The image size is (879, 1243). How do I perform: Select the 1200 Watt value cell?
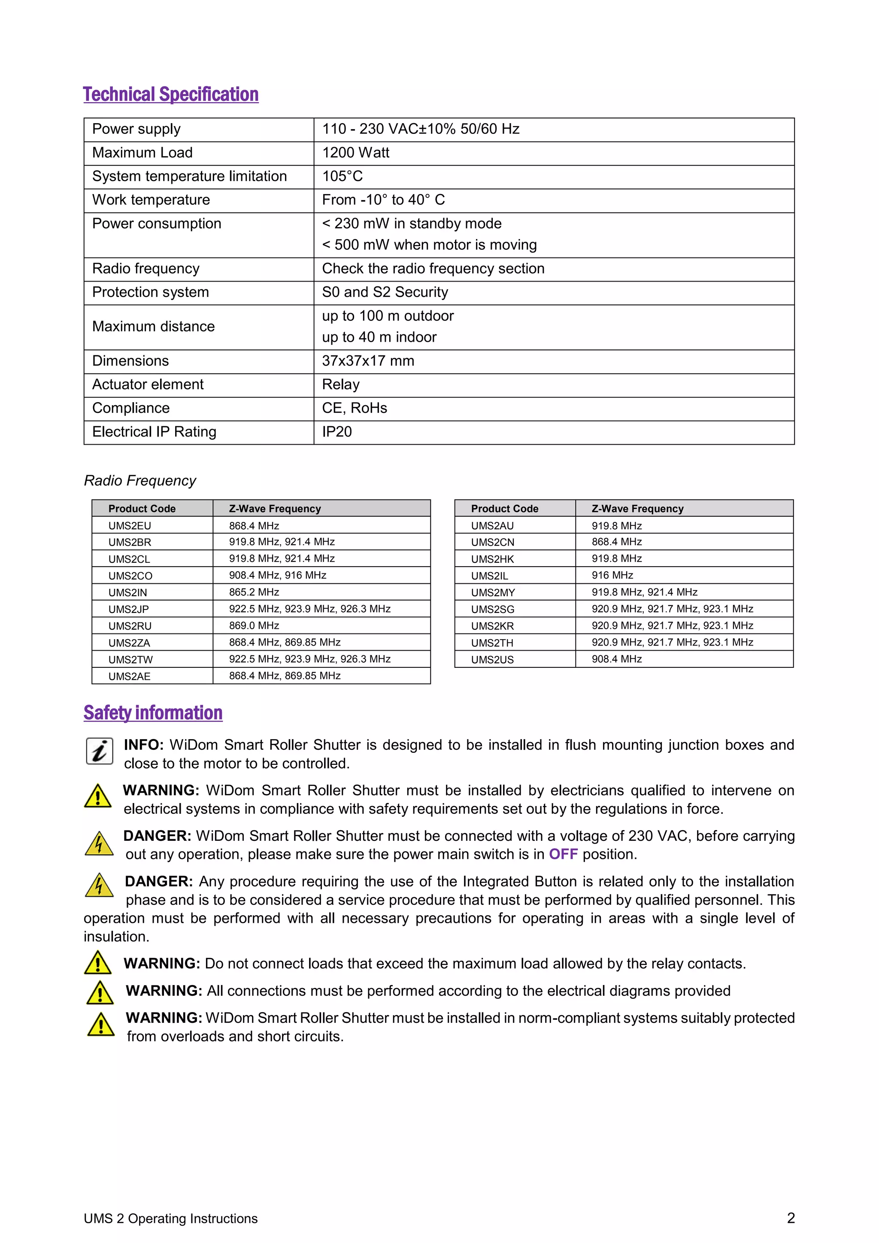coord(356,153)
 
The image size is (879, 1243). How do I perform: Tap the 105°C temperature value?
coord(342,176)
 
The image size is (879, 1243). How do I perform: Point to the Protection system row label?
coord(151,292)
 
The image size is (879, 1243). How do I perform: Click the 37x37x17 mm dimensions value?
coord(368,361)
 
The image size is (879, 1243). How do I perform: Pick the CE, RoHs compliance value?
coord(355,408)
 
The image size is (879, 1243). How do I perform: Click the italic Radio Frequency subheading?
coord(139,481)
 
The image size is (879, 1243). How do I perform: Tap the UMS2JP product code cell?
coord(129,609)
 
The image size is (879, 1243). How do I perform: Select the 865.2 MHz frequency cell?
coord(254,592)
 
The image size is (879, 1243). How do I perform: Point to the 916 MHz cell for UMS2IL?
coord(612,576)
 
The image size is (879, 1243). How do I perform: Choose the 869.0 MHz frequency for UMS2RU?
coord(254,626)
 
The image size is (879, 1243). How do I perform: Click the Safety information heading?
coord(153,713)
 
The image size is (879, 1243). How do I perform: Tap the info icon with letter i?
coord(100,751)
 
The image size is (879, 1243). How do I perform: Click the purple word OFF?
coord(563,854)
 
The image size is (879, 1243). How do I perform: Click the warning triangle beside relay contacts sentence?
coord(98,963)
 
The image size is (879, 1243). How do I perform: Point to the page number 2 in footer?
coord(791,1218)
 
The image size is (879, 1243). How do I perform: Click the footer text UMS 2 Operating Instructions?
coord(170,1219)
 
